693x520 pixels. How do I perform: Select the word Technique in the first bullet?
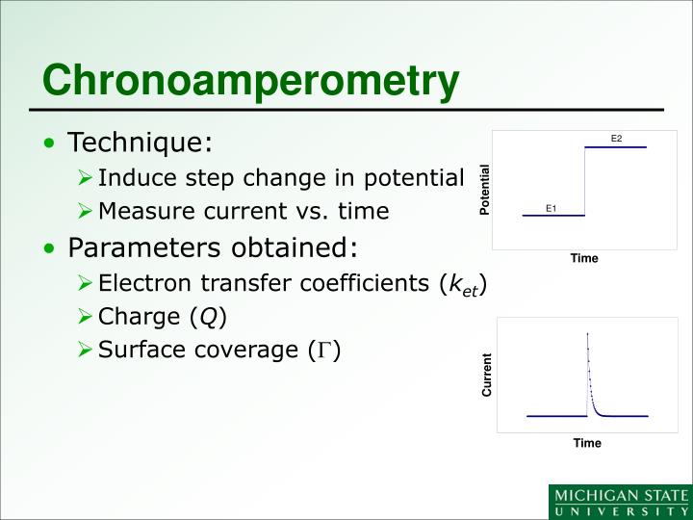point(138,143)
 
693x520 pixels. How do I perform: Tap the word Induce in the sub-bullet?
point(132,178)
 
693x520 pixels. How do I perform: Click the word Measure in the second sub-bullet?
point(140,211)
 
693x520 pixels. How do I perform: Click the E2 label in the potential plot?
point(617,140)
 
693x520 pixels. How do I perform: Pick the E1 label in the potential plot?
point(552,208)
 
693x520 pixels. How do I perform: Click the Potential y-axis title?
point(485,190)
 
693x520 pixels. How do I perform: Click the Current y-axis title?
point(487,376)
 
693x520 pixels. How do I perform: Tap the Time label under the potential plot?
point(584,258)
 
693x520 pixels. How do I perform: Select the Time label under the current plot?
point(587,443)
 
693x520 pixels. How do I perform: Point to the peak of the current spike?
point(587,333)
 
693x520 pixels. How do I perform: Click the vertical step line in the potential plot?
point(585,181)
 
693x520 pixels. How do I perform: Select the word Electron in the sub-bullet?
point(141,283)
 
